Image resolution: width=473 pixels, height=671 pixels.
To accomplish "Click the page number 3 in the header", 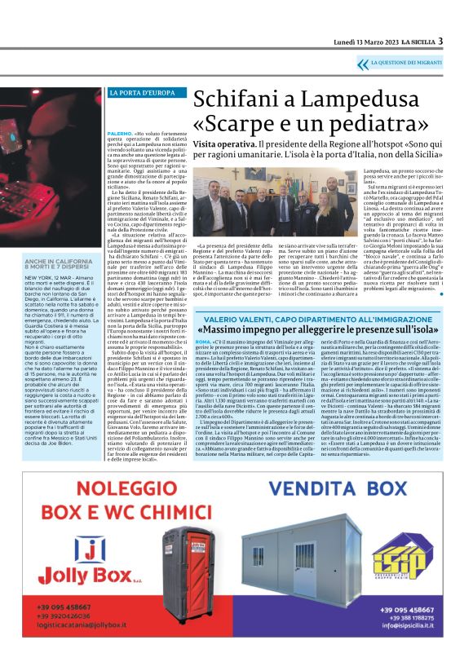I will [440, 41].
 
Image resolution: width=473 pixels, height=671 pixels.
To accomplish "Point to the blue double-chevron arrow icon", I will [361, 62].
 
